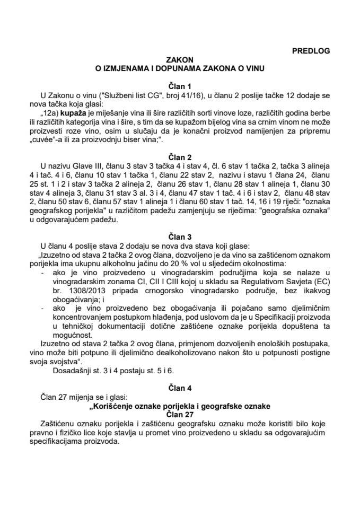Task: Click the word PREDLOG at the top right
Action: pos(311,51)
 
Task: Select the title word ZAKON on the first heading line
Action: pos(180,60)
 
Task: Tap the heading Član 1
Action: pos(180,85)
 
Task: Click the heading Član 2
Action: pos(180,157)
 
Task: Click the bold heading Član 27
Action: pos(180,414)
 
